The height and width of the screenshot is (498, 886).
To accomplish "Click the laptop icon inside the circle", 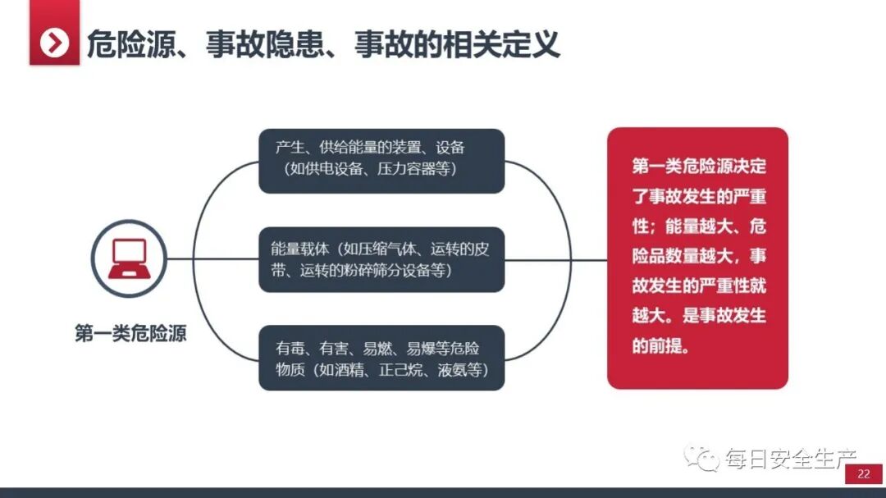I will click(x=129, y=258).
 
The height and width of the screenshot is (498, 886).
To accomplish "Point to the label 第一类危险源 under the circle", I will click(x=130, y=334).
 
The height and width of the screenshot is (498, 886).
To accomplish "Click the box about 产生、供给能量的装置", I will click(x=381, y=160).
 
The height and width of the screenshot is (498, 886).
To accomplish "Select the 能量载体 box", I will click(x=381, y=259).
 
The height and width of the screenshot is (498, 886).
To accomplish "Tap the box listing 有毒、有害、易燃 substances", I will click(x=381, y=358).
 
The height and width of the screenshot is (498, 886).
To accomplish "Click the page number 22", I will click(x=863, y=473).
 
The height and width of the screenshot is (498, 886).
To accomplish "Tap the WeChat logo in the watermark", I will click(x=703, y=458).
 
